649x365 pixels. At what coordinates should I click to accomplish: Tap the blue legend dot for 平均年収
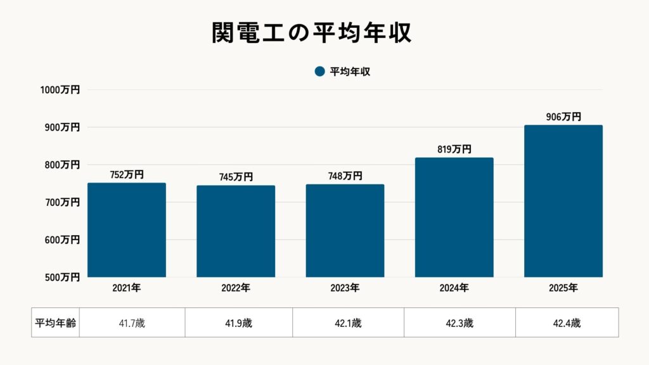(x=319, y=72)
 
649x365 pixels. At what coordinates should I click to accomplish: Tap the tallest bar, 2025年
(x=563, y=201)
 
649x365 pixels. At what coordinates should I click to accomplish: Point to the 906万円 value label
(x=563, y=117)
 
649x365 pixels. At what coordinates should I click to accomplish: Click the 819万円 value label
(x=454, y=150)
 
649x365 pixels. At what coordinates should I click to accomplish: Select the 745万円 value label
(x=236, y=177)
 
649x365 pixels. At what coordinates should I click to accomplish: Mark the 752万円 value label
(x=127, y=175)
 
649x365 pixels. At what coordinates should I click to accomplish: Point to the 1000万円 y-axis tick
(x=60, y=90)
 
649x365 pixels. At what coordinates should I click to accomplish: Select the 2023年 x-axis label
(x=345, y=288)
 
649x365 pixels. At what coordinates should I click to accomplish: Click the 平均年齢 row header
(x=55, y=323)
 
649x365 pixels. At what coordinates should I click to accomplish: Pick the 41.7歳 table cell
(x=131, y=323)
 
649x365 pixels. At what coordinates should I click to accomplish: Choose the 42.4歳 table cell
(x=567, y=323)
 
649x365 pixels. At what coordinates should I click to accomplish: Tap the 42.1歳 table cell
(x=348, y=323)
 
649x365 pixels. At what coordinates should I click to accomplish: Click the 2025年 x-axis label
(x=563, y=288)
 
